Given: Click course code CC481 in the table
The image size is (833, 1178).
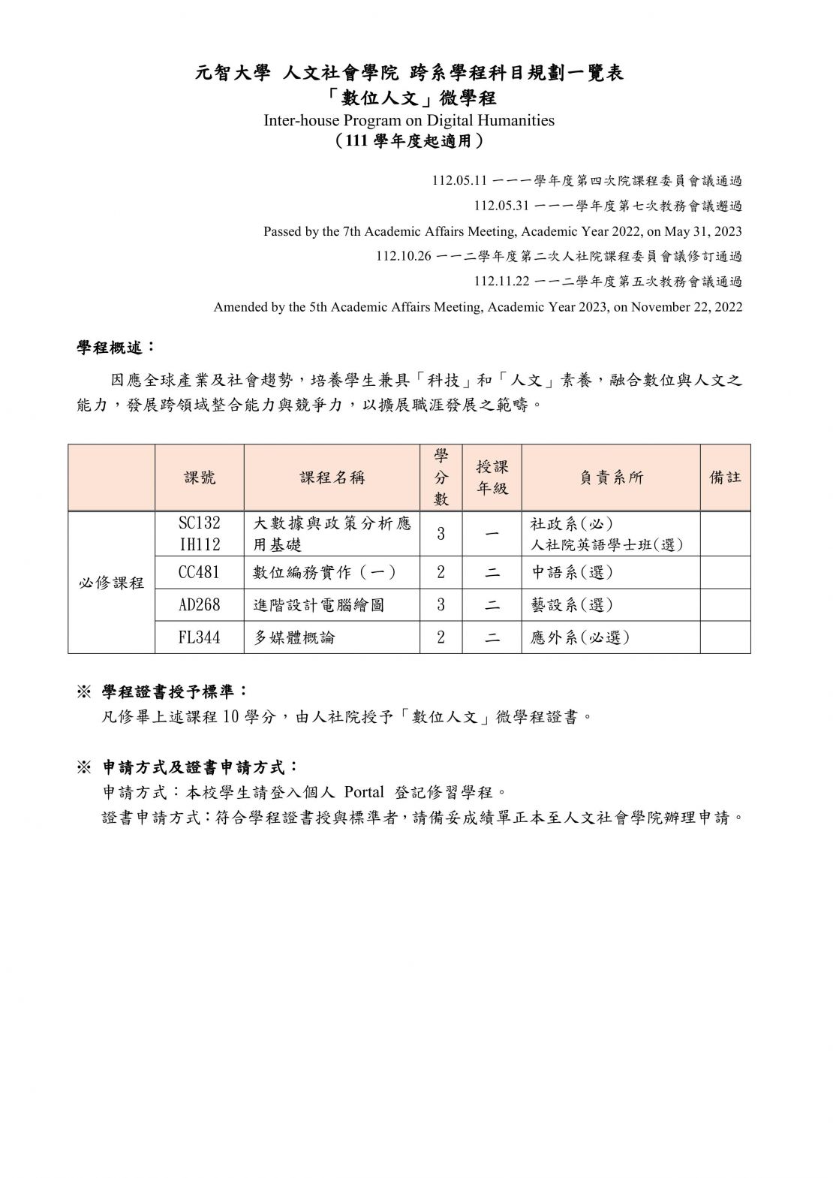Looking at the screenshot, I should coord(199,572).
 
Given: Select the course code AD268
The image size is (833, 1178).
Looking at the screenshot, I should coord(199,604).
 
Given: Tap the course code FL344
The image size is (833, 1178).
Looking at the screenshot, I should coord(199,637).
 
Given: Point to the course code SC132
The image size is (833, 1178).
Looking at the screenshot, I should coord(199,523).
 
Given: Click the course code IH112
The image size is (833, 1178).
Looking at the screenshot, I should coord(199,544).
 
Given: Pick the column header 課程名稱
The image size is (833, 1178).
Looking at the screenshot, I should coord(332,478).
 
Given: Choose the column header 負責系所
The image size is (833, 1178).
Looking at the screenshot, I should coord(611,478).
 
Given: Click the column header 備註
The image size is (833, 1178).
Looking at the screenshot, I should coord(725,478).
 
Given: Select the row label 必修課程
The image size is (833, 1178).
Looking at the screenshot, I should coord(111,583).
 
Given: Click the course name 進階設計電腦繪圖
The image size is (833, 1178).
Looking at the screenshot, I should coord(319,604).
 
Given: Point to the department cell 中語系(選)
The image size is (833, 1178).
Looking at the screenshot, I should coord(571,572).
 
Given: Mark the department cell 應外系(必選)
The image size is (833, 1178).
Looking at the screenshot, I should coord(579,637).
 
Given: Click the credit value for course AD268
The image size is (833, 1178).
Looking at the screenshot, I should coord(441,604).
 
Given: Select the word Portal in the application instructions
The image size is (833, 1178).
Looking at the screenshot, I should coord(364,792).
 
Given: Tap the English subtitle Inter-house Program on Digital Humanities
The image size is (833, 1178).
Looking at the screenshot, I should coord(409,120).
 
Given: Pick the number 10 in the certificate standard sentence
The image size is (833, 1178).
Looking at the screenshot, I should coord(230,717).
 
